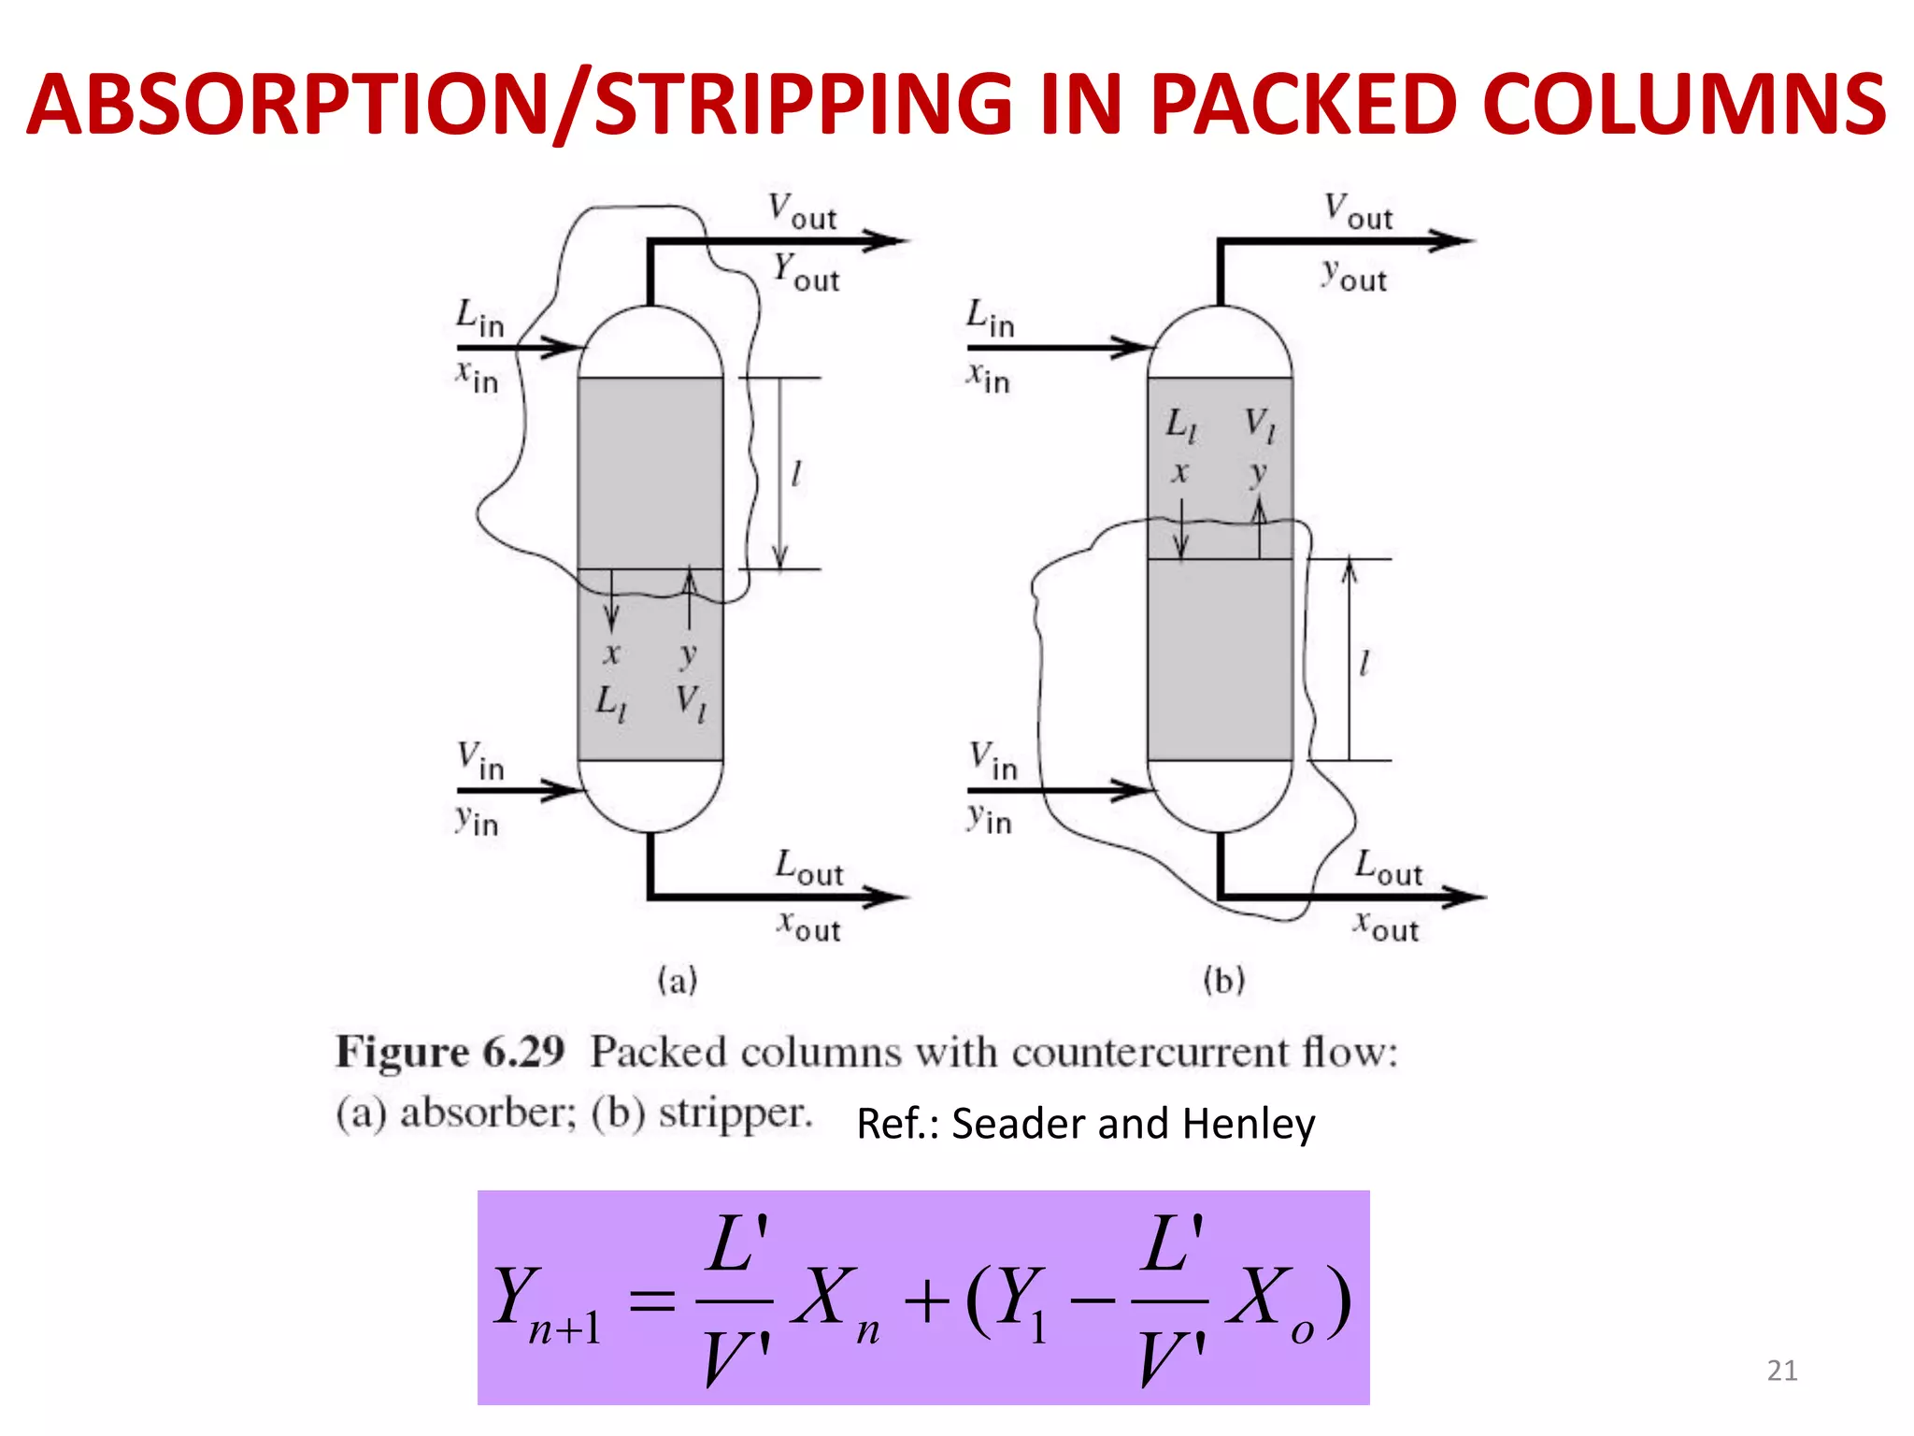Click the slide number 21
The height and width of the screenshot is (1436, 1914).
click(x=1781, y=1371)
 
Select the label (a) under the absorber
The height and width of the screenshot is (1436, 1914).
click(x=678, y=981)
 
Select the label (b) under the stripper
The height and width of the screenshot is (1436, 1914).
click(x=1223, y=981)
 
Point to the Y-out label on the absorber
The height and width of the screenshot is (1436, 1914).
click(x=806, y=272)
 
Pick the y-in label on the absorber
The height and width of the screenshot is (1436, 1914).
click(x=477, y=821)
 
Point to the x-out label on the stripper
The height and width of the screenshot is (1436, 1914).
click(x=1387, y=926)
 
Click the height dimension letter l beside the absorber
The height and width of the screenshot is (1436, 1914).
click(x=795, y=474)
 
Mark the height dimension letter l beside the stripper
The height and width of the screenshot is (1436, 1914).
click(x=1364, y=664)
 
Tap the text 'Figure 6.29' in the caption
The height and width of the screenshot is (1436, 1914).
click(x=450, y=1053)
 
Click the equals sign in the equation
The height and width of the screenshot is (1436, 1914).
click(x=651, y=1300)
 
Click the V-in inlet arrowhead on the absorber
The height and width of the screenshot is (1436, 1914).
click(x=564, y=790)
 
